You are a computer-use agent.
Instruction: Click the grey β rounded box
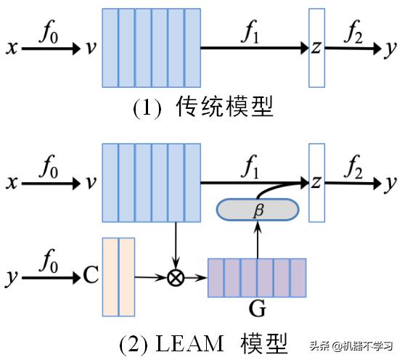[x=257, y=210]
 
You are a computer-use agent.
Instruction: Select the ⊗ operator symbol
[x=175, y=277]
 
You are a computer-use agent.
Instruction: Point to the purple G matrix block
[x=258, y=279]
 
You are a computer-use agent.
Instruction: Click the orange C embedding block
[x=119, y=277]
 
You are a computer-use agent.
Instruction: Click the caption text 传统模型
[x=224, y=108]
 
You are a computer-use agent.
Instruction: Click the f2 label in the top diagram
[x=352, y=31]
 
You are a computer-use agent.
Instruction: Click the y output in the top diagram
[x=391, y=49]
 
